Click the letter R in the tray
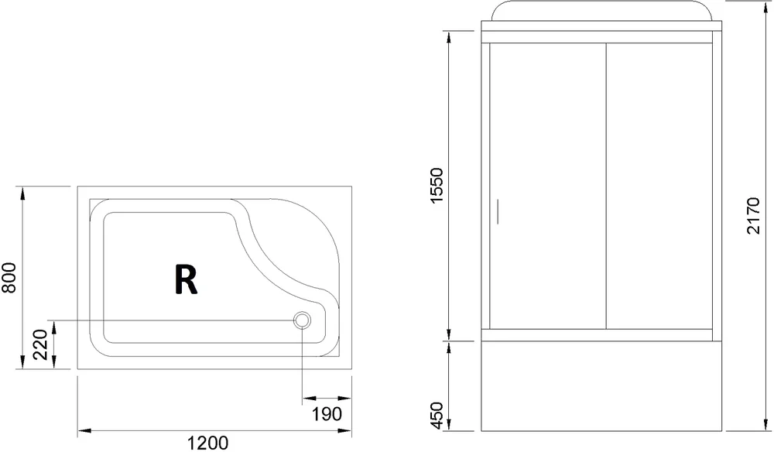point(185,280)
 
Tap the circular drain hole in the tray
point(302,320)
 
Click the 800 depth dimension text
point(10,277)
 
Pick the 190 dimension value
point(326,414)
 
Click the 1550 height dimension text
point(437,186)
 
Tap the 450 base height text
point(437,416)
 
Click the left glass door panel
point(546,186)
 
